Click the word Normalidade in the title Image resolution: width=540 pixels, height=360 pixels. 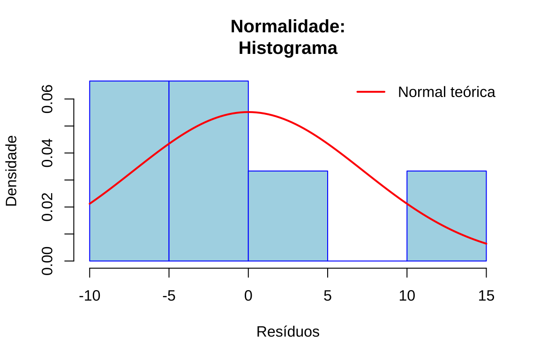287,27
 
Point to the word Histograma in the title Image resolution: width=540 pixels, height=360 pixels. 288,48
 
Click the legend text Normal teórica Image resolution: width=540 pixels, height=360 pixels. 446,92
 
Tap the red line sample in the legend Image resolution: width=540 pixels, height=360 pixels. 371,92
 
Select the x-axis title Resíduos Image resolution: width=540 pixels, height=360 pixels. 288,332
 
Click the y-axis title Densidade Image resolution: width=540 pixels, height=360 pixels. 11,171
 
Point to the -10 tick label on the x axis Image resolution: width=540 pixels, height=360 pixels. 90,296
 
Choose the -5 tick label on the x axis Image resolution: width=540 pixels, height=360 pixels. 169,296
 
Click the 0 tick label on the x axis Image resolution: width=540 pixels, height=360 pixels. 248,296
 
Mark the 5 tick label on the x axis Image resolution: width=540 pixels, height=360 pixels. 328,296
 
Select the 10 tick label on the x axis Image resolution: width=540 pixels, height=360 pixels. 407,296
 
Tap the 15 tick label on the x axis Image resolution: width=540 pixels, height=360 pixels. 486,296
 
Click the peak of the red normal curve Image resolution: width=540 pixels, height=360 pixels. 248,112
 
